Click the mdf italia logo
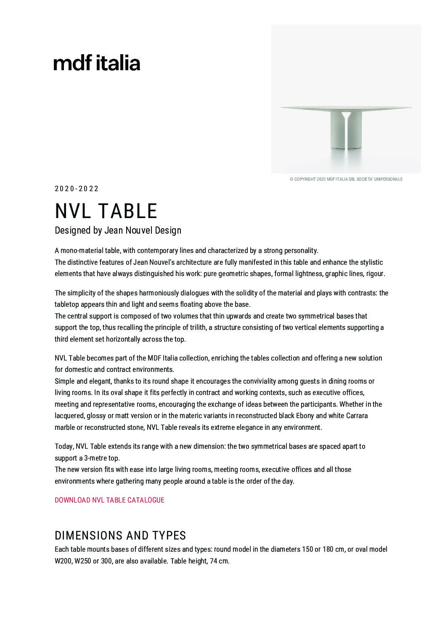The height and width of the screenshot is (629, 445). [97, 63]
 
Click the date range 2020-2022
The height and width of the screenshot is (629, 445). [77, 189]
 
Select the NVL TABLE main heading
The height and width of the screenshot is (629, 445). [106, 211]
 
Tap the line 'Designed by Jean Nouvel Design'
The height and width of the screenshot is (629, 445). [118, 230]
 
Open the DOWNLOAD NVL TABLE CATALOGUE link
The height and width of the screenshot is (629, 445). [109, 500]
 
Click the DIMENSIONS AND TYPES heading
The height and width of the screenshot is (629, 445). [120, 535]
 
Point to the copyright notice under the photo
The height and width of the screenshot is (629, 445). [346, 179]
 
